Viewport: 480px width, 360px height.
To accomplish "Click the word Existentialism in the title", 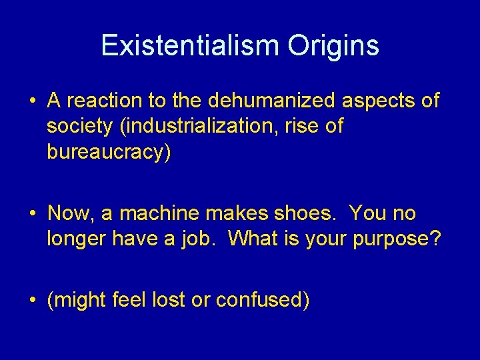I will tap(191, 46).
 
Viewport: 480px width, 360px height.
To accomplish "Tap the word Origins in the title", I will tap(333, 46).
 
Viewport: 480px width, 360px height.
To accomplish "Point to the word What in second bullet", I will tap(249, 239).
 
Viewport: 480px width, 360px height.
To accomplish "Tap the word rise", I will tap(304, 126).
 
